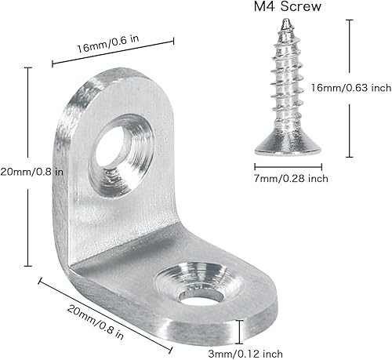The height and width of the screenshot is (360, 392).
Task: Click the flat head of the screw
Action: (x=281, y=147)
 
